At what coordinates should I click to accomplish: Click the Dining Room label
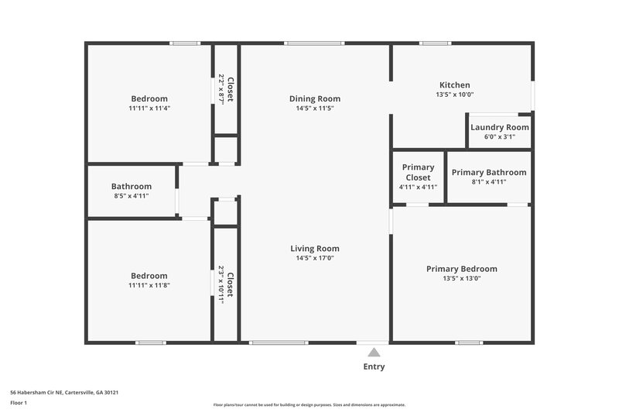[x=315, y=98]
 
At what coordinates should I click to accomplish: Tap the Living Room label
[x=315, y=249]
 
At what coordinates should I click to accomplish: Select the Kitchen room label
[x=454, y=85]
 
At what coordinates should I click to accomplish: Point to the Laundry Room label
[x=500, y=127]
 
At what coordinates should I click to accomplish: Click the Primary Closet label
[x=418, y=172]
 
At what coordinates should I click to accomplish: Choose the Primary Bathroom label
[x=489, y=172]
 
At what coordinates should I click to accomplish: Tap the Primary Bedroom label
[x=462, y=269]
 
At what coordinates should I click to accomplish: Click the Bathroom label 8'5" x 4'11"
[x=132, y=187]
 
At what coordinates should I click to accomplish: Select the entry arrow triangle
[x=374, y=353]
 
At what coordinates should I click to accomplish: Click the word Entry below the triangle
[x=374, y=367]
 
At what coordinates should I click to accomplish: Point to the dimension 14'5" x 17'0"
[x=315, y=258]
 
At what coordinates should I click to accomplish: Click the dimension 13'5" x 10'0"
[x=454, y=95]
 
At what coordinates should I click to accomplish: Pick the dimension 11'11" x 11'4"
[x=149, y=108]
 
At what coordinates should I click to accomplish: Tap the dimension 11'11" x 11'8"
[x=149, y=285]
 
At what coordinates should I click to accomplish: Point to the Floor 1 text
[x=19, y=403]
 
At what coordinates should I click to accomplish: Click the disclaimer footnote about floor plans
[x=309, y=404]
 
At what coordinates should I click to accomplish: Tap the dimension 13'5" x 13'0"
[x=462, y=278]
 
